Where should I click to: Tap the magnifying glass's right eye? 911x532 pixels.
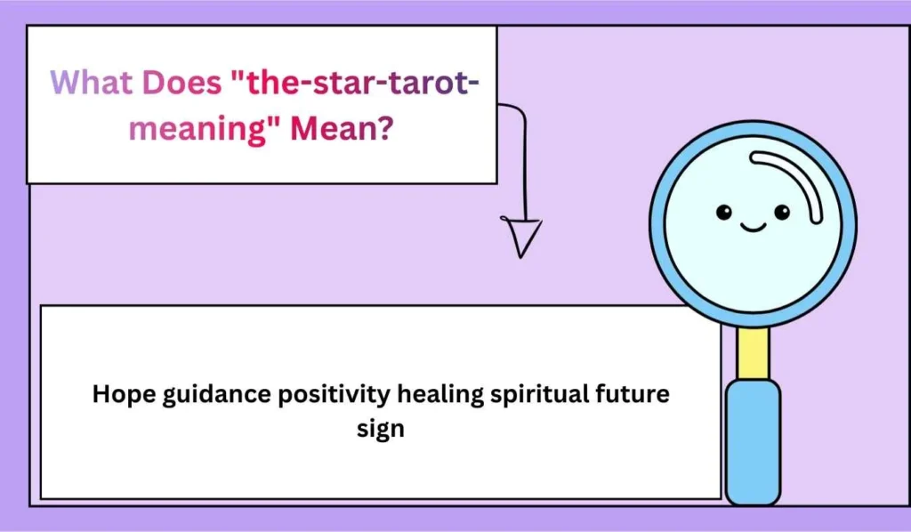[782, 212]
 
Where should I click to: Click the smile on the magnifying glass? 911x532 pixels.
[753, 228]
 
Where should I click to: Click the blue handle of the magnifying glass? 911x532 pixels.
[753, 440]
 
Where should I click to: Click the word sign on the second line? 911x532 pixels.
[381, 429]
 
